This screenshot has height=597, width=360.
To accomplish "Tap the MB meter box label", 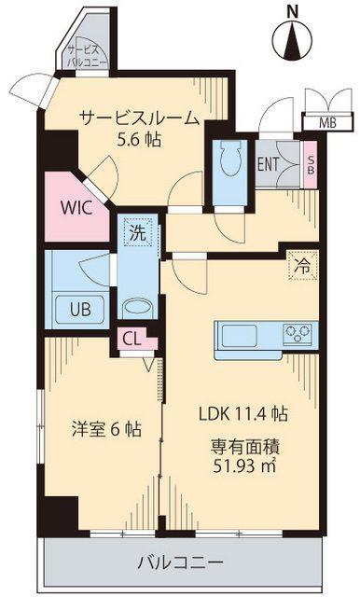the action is coord(327,123).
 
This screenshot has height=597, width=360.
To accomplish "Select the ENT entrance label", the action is coord(268,164).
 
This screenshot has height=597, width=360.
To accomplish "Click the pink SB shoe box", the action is coord(311,164).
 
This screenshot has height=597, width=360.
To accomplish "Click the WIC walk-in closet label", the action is coord(76,208).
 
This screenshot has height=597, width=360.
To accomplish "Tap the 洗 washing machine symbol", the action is coord(137,232).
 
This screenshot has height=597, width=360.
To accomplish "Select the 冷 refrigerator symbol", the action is coord(302,266).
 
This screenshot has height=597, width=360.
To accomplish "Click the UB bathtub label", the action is coord(80,310).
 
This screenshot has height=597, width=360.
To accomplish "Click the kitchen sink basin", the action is coord(239,336).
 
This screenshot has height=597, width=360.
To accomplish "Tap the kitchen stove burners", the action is coord(298,334).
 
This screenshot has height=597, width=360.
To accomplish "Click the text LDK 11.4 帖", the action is coord(243,413).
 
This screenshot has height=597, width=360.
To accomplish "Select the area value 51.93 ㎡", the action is coord(244,466).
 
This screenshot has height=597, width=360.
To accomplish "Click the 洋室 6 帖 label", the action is coord(106,429).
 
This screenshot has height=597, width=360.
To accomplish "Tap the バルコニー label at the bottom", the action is coord(180,562).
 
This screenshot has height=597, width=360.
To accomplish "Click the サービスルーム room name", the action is coord(139,118).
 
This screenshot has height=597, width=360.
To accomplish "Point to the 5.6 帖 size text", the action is coord(139,140).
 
